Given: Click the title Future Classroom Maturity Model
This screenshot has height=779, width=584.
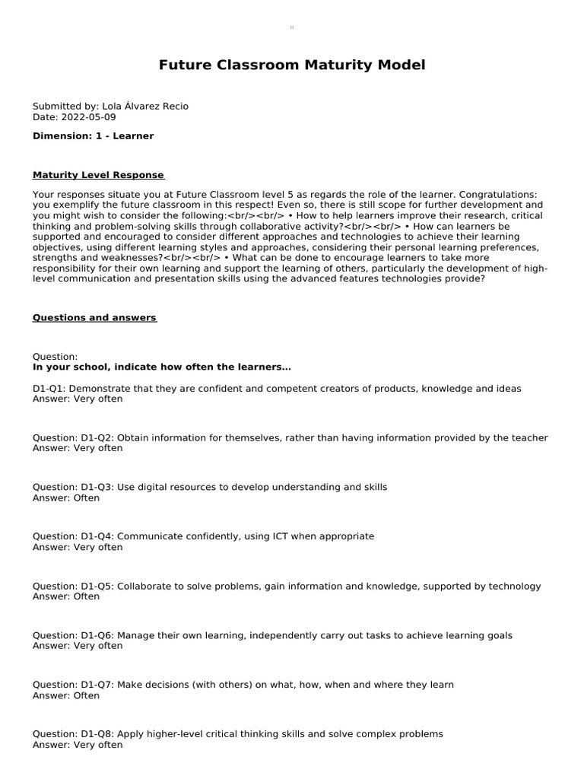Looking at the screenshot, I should point(292,65).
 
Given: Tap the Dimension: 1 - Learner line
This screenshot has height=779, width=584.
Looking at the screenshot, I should point(93,136).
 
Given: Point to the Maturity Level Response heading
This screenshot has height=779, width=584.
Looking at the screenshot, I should point(98,176).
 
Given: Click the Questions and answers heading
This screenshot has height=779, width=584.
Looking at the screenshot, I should point(94,318).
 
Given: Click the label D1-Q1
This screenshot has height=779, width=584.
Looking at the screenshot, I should point(48,389).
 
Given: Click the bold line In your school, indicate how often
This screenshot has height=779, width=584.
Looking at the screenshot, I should point(161,367).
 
